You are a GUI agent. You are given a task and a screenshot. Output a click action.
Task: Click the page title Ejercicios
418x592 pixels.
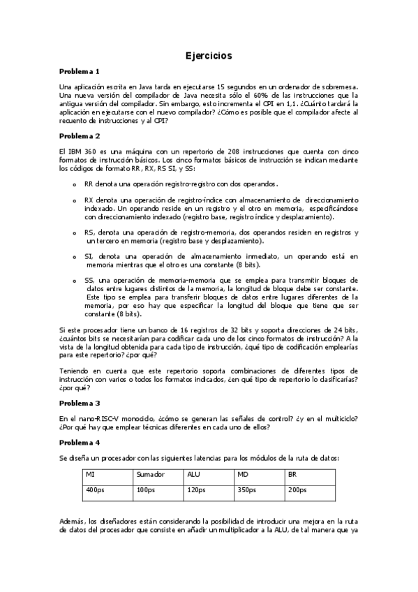tap(209, 55)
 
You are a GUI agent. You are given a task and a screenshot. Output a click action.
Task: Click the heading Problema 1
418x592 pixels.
tap(80, 71)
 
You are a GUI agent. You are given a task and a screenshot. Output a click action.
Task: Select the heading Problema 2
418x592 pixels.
tap(80, 135)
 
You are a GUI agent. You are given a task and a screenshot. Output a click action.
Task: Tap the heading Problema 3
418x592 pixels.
tap(80, 403)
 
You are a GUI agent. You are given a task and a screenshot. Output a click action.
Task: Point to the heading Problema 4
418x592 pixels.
tap(80, 442)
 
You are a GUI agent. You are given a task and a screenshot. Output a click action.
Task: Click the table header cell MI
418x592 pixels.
tap(90, 474)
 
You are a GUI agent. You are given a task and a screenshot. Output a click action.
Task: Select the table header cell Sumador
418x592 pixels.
tap(150, 474)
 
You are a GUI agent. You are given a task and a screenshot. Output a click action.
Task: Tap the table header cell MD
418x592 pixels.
tap(243, 474)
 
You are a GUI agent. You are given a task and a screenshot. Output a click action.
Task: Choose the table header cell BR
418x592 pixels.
tap(292, 474)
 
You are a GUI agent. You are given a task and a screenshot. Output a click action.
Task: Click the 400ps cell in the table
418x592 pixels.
tap(94, 490)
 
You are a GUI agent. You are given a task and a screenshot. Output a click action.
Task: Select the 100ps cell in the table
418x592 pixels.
tap(145, 490)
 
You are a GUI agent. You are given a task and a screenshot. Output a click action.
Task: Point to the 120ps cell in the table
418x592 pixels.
tap(196, 490)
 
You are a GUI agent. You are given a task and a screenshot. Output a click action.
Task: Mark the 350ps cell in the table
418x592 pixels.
tap(247, 490)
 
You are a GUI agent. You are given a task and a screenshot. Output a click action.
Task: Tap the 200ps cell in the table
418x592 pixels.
tap(297, 490)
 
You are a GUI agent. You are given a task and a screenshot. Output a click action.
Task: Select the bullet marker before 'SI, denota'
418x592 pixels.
tap(75, 257)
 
